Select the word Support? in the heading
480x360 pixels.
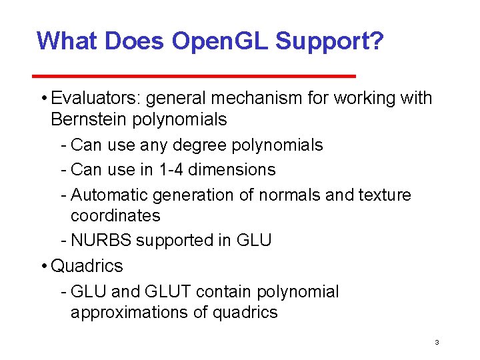pos(329,41)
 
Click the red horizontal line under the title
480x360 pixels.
pos(196,76)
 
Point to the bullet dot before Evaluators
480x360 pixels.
pos(43,99)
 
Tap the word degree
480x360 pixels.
pos(199,145)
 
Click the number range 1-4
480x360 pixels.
pos(173,170)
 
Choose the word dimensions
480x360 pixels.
pos(232,170)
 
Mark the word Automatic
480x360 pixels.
pos(109,195)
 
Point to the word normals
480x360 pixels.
pos(288,195)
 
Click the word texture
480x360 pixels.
pos(385,195)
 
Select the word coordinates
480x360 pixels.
pos(115,216)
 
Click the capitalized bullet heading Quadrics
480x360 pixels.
pos(87,266)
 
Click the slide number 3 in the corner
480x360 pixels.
pos(436,343)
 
